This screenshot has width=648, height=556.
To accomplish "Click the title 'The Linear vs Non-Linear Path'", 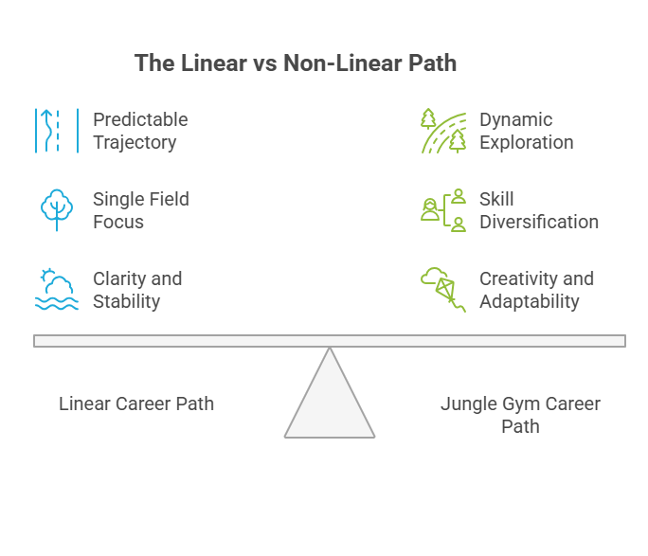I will tap(295, 63).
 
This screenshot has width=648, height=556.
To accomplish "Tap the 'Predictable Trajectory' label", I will tap(139, 131).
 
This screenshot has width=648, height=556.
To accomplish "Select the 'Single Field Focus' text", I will tap(139, 210).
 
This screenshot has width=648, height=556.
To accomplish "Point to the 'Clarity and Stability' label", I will tap(136, 290).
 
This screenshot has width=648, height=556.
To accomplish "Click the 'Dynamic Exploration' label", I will tap(526, 131).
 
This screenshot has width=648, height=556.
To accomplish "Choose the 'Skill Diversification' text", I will tap(538, 210).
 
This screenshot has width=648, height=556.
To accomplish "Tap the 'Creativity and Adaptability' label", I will tap(536, 290).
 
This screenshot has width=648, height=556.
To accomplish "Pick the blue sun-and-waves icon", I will tap(56, 290).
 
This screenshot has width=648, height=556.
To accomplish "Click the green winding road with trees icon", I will tap(444, 131).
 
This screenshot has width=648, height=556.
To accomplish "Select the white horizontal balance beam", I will tap(330, 341).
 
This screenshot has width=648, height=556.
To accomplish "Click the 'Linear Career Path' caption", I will tap(136, 404).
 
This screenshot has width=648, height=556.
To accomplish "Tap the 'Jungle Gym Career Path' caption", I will tap(520, 415).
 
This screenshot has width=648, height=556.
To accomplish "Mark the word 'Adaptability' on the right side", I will tap(529, 301).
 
